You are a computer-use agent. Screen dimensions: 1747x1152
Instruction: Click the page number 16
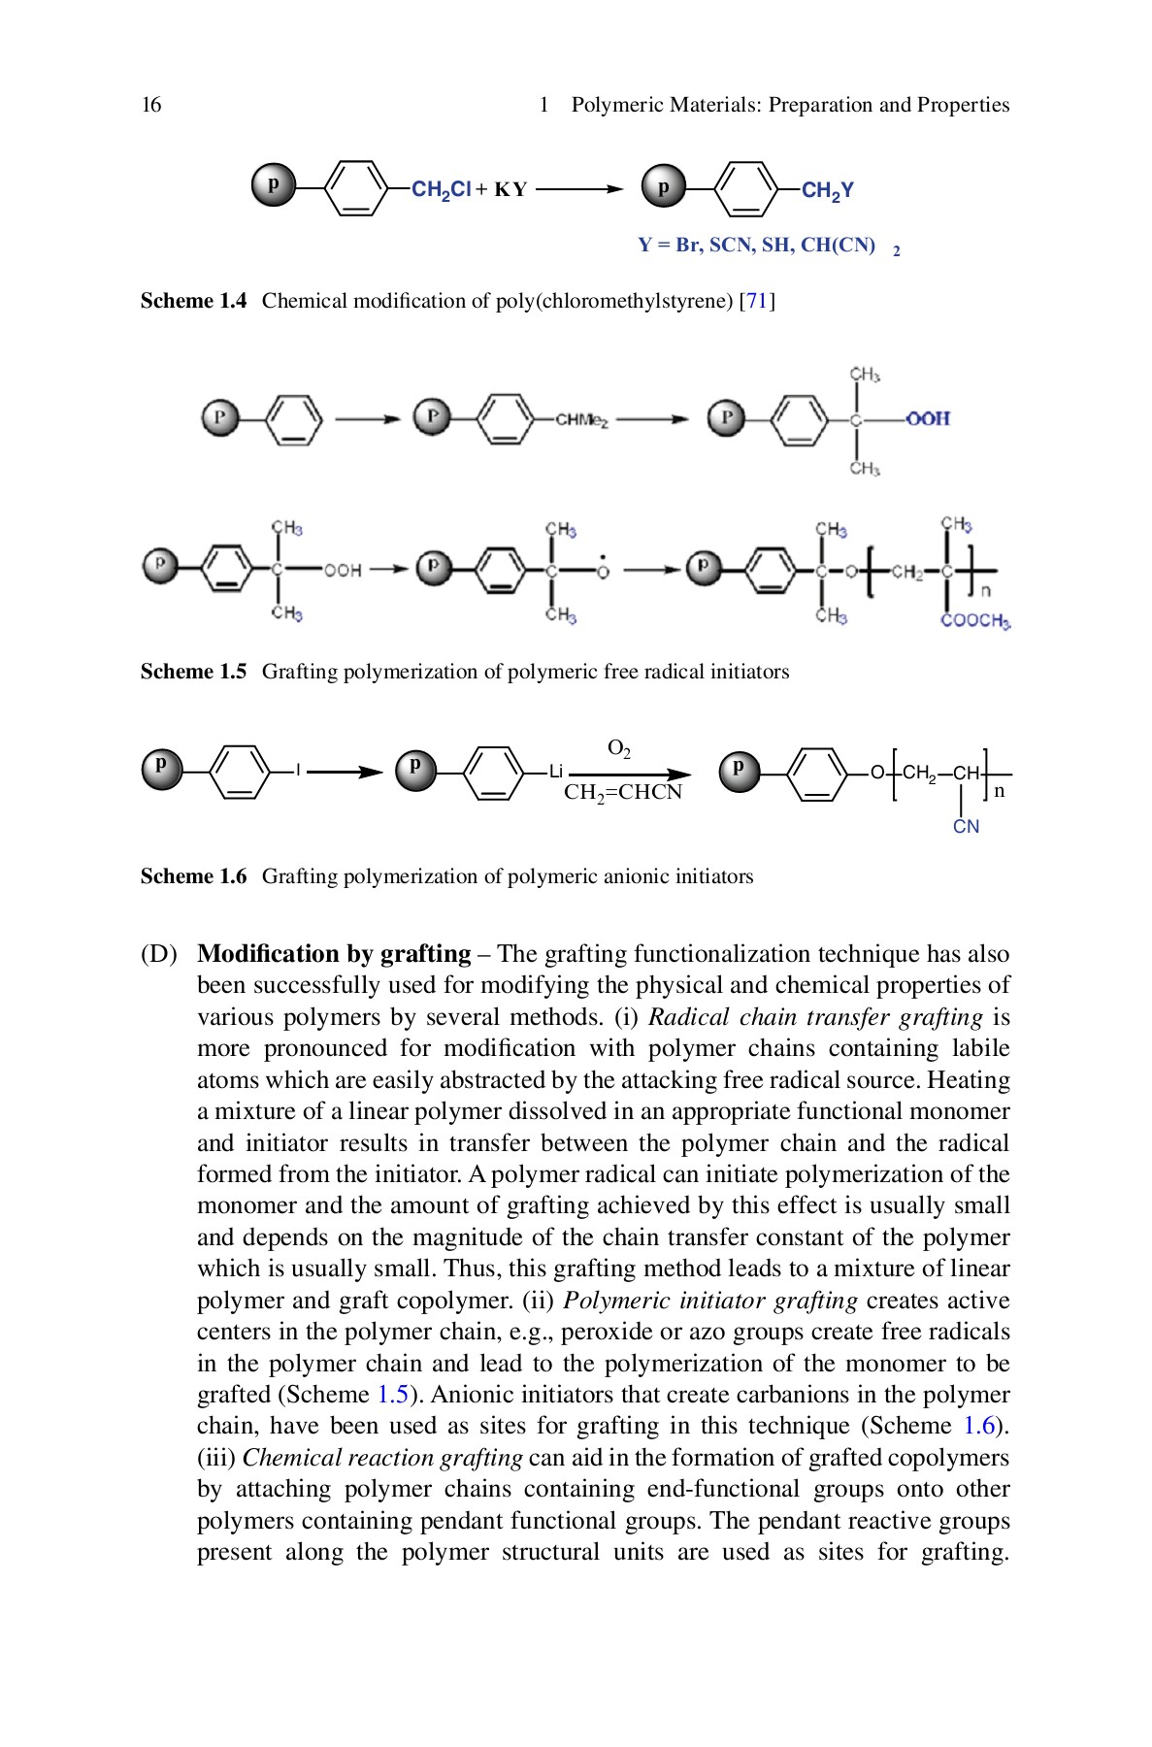(x=151, y=105)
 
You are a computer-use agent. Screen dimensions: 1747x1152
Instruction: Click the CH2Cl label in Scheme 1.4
(x=442, y=190)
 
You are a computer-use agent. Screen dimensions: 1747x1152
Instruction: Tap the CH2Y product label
(x=827, y=190)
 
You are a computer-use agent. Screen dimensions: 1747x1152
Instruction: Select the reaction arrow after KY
(x=578, y=189)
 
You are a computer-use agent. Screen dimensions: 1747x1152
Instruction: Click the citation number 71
(x=757, y=301)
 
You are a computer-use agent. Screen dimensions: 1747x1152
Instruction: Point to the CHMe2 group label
(x=581, y=420)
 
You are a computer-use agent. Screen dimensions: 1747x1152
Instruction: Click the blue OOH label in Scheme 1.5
(x=927, y=418)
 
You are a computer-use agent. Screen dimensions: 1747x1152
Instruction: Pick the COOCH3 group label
(x=974, y=621)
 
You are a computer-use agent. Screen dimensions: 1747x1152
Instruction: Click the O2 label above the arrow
(x=619, y=748)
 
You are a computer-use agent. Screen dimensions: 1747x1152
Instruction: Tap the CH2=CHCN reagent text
(x=623, y=793)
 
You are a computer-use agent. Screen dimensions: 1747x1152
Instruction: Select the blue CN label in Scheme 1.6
(x=966, y=827)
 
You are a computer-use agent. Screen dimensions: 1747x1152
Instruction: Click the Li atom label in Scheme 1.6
(x=556, y=772)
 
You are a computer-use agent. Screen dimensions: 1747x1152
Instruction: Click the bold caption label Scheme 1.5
(x=193, y=672)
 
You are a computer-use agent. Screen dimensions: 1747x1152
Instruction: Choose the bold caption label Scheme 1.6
(x=193, y=876)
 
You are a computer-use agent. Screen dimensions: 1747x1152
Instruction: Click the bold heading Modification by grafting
(x=334, y=954)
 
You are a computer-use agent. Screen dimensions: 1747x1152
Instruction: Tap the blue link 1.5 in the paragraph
(x=392, y=1395)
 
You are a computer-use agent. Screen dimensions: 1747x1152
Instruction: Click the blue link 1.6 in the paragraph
(x=979, y=1426)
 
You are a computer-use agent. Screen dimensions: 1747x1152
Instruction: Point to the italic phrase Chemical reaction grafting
(x=382, y=1458)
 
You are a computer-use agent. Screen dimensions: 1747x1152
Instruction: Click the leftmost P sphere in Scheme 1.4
(x=274, y=184)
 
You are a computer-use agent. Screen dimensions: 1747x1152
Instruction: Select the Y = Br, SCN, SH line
(x=757, y=246)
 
